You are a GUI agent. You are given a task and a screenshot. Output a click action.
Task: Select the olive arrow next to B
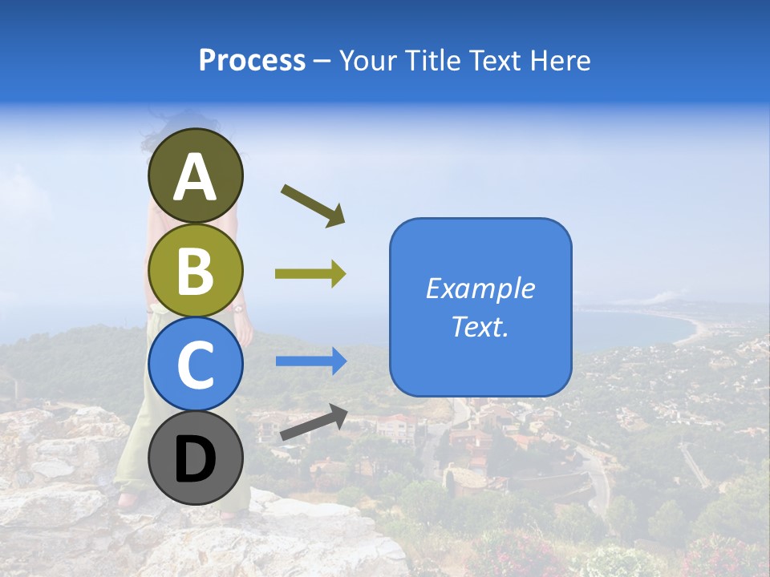click(x=310, y=274)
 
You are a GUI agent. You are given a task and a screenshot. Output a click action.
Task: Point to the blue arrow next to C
click(x=310, y=361)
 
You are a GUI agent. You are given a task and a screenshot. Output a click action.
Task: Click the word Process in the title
click(x=252, y=60)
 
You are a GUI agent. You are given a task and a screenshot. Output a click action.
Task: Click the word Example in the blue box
click(x=480, y=288)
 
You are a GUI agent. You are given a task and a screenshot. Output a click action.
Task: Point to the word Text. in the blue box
click(x=480, y=326)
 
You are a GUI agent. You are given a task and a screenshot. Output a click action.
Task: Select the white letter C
click(x=195, y=365)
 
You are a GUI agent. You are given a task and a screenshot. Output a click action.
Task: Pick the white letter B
click(x=195, y=272)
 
